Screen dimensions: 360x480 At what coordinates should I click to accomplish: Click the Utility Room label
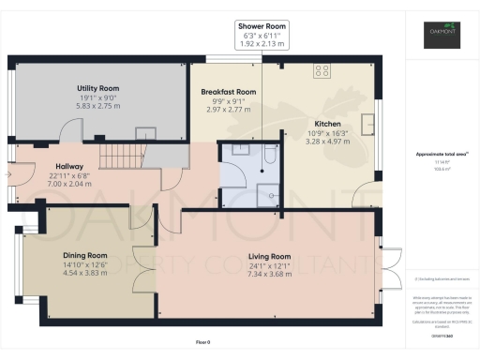(98, 88)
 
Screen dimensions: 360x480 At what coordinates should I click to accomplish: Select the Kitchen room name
(327, 124)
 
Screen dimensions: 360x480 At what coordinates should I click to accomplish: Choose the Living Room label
(270, 256)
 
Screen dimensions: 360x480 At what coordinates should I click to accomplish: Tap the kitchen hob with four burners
(322, 69)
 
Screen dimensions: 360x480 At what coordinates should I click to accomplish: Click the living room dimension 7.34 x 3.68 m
(270, 275)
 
